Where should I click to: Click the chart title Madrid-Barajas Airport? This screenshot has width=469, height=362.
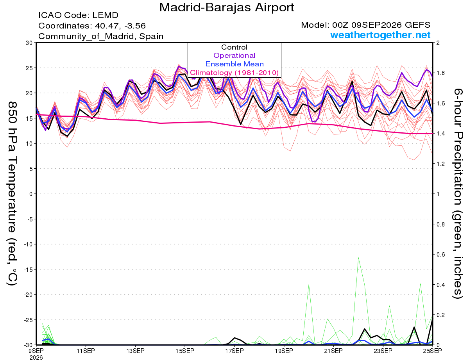[x=227, y=8]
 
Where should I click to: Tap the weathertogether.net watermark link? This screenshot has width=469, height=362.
[x=380, y=35]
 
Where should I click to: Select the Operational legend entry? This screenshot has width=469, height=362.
[x=234, y=55]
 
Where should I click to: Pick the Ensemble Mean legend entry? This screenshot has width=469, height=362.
[x=234, y=64]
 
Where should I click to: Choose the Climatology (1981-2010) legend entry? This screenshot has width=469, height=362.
[x=234, y=73]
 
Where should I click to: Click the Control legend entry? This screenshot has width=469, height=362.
[x=234, y=47]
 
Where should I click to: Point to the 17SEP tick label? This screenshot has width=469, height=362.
[x=234, y=351]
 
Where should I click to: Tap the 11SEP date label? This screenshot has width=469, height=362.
[x=86, y=351]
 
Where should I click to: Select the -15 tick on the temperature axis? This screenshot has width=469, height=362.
[x=28, y=269]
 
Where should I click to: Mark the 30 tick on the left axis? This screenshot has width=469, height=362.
[x=29, y=43]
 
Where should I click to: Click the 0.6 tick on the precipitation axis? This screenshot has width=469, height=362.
[x=439, y=254]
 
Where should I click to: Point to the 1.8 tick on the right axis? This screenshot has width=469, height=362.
[x=439, y=73]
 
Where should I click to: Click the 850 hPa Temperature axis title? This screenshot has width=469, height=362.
[x=12, y=194]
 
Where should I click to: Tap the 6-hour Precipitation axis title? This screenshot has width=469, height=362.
[x=458, y=193]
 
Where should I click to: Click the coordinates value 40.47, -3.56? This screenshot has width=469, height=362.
[x=120, y=26]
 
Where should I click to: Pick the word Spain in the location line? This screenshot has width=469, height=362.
[x=151, y=36]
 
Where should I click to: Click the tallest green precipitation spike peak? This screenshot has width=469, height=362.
[x=358, y=257]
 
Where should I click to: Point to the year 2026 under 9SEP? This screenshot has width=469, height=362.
[x=36, y=358]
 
